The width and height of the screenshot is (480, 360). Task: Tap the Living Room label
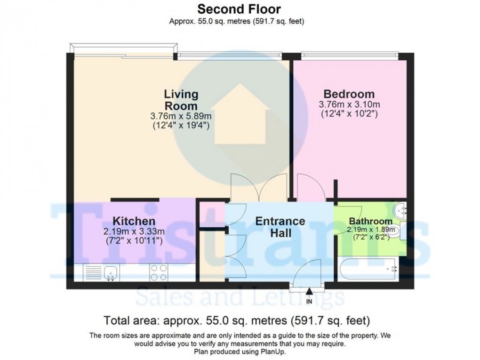[180, 99]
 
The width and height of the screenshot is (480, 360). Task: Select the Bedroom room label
[349, 93]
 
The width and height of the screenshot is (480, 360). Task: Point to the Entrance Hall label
[280, 227]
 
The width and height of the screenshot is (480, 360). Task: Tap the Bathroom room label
[370, 221]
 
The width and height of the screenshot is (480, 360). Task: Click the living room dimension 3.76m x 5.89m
[180, 116]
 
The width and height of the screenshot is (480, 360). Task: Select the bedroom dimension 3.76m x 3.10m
[349, 104]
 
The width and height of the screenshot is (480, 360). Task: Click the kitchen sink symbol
[110, 272]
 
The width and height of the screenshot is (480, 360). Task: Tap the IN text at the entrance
[309, 301]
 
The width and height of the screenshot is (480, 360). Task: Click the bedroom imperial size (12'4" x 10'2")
[349, 113]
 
